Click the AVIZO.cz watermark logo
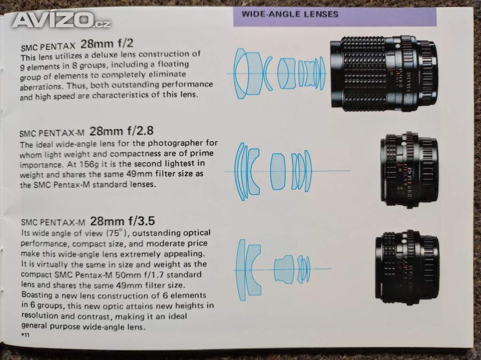(x=61, y=20)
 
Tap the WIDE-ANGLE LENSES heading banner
(x=334, y=17)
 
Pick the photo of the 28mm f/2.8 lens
(x=409, y=171)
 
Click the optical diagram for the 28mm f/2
(x=279, y=74)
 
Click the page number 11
(x=26, y=335)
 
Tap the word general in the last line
(x=34, y=326)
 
